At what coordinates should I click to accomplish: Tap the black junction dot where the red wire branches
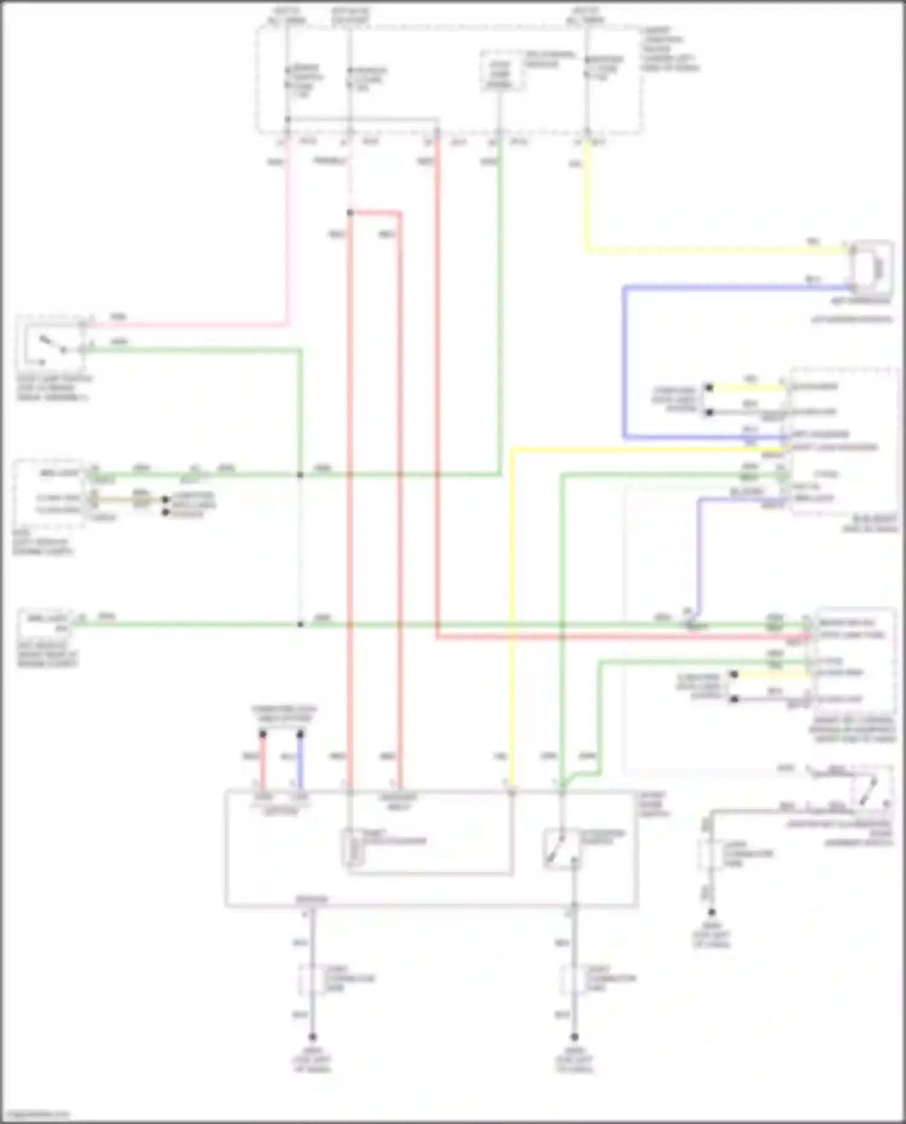tap(350, 213)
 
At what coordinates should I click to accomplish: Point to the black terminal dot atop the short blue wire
tap(300, 734)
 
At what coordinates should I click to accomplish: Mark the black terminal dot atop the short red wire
tap(263, 734)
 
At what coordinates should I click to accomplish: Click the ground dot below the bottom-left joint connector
tap(312, 1036)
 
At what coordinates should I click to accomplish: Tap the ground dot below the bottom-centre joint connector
tap(574, 1036)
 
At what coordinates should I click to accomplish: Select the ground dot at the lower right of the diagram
tap(712, 912)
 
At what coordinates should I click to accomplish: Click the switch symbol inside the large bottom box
tap(562, 849)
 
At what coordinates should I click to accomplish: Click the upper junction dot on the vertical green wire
tap(300, 475)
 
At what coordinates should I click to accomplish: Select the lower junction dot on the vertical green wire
tap(300, 624)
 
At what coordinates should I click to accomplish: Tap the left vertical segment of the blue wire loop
tap(625, 362)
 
